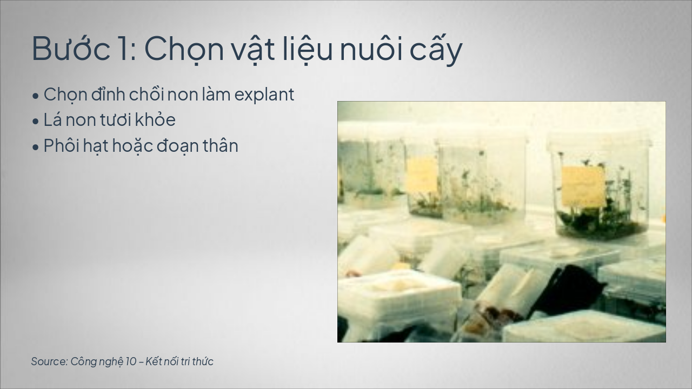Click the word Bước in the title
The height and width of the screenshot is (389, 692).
pyautogui.click(x=71, y=48)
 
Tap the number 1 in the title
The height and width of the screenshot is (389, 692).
pyautogui.click(x=126, y=49)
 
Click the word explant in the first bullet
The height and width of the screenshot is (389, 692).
pyautogui.click(x=264, y=95)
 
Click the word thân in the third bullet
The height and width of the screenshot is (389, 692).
pyautogui.click(x=221, y=145)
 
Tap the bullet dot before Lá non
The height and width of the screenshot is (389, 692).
pyautogui.click(x=36, y=122)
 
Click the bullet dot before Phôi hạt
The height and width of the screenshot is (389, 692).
pyautogui.click(x=36, y=147)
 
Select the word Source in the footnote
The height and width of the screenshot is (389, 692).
pyautogui.click(x=49, y=361)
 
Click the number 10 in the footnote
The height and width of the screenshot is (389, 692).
pyautogui.click(x=131, y=361)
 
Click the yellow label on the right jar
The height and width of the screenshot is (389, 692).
pyautogui.click(x=583, y=187)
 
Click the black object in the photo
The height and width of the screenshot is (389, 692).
pyautogui.click(x=568, y=292)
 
